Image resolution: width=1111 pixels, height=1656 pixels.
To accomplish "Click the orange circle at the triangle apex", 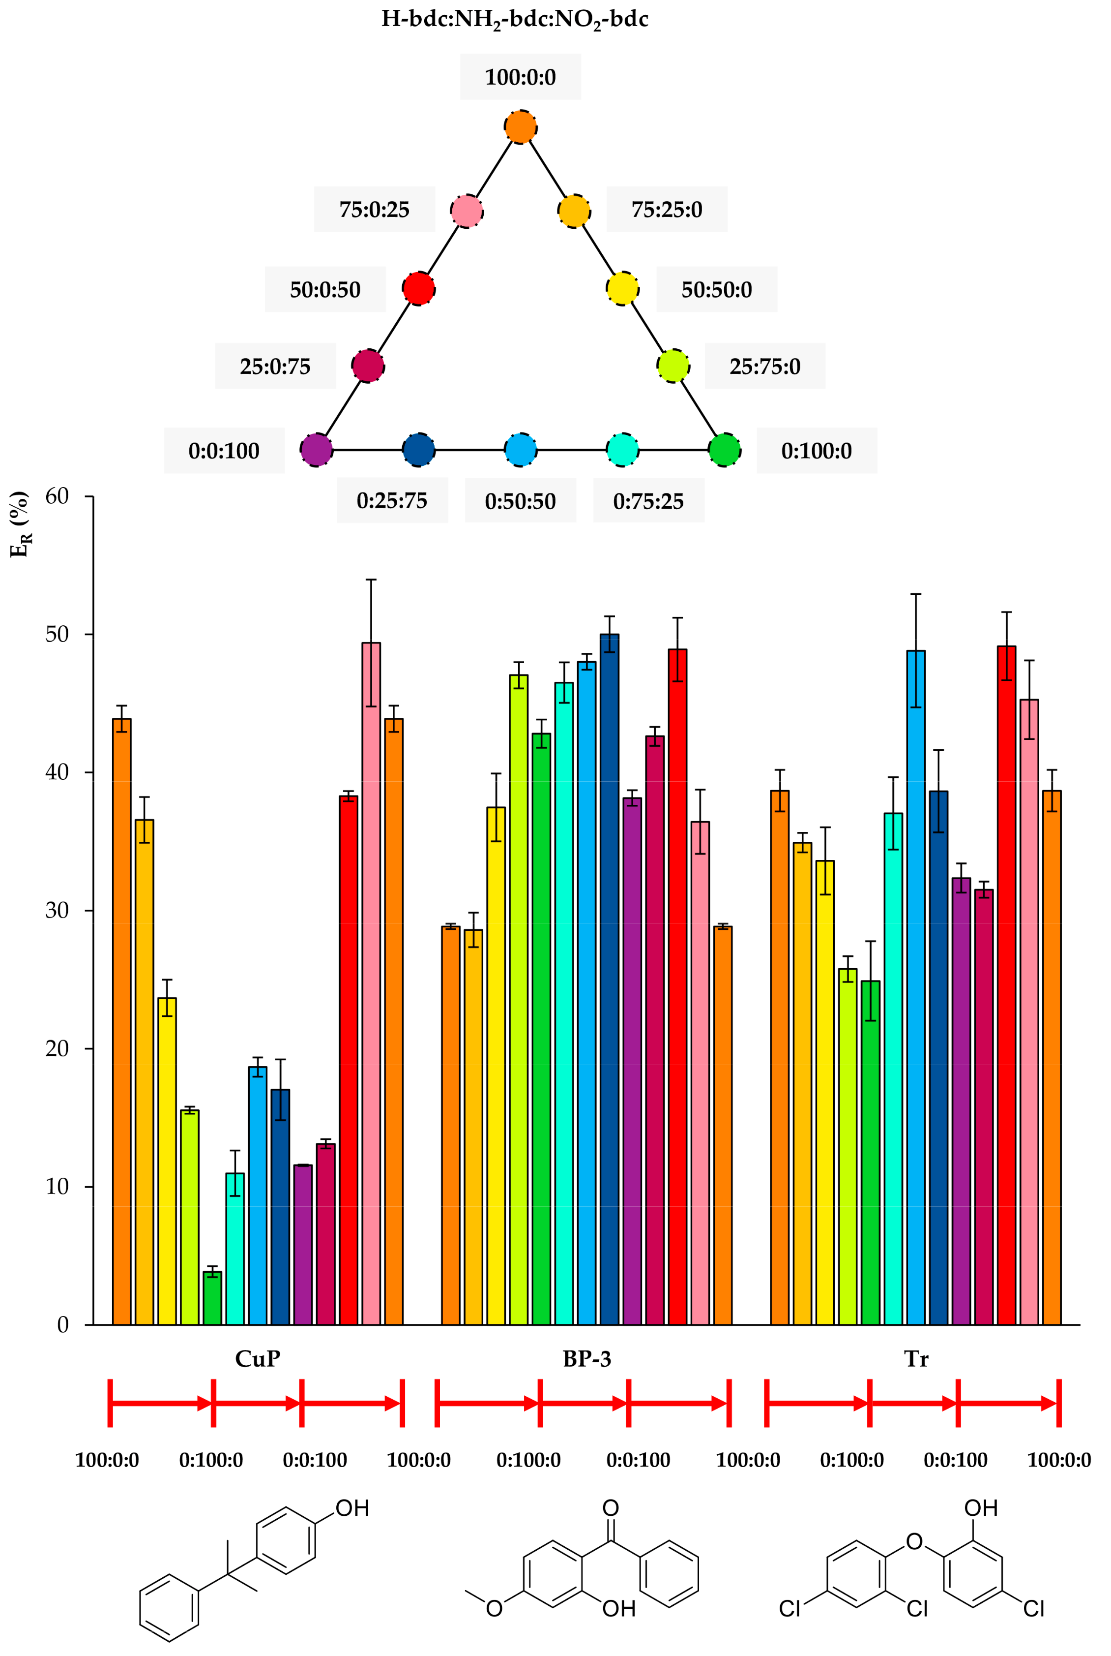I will click(520, 127).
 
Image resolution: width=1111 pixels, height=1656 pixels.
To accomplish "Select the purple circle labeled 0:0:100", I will click(316, 450).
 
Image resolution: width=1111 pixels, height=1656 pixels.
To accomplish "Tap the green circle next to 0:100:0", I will click(724, 450).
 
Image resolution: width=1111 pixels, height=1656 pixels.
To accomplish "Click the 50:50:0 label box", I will click(716, 289).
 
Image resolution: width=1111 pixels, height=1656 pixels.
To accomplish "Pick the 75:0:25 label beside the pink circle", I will click(374, 209).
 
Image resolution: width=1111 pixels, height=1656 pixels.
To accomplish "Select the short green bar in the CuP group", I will click(212, 1297).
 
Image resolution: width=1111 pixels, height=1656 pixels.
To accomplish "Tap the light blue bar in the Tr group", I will click(915, 992).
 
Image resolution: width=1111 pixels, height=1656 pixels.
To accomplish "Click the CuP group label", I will click(257, 1359).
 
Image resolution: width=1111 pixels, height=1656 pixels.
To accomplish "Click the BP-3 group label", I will click(586, 1359).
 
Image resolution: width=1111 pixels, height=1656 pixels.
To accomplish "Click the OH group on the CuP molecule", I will click(352, 1508).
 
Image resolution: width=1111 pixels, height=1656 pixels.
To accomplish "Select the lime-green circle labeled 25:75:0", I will click(672, 366).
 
